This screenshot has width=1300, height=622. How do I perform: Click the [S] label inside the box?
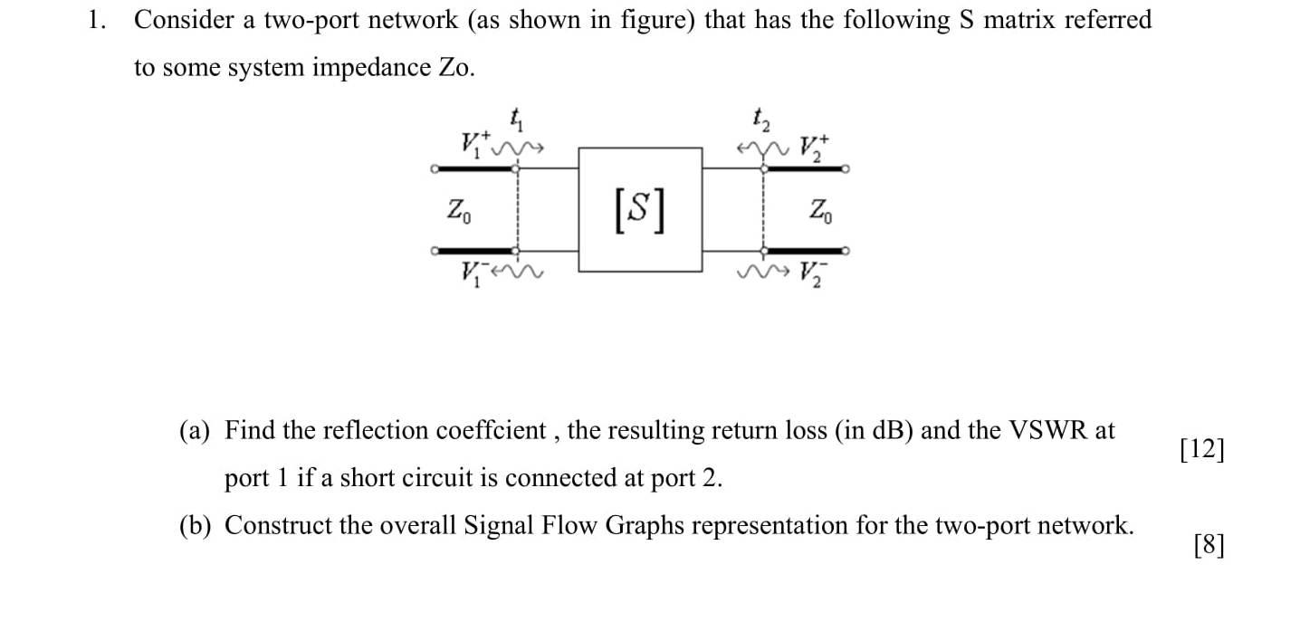tap(640, 211)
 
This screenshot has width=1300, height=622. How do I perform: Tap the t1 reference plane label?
tap(517, 117)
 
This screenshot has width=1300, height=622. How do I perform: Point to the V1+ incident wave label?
tap(474, 143)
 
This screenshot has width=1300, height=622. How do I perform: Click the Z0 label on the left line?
tap(460, 212)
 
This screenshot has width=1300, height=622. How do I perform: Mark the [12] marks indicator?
tap(1202, 450)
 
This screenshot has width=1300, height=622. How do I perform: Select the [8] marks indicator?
tap(1209, 545)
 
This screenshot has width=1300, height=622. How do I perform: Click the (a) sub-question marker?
tap(196, 431)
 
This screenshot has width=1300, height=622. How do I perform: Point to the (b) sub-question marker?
tap(196, 526)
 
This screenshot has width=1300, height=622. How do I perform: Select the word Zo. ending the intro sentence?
tap(456, 68)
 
